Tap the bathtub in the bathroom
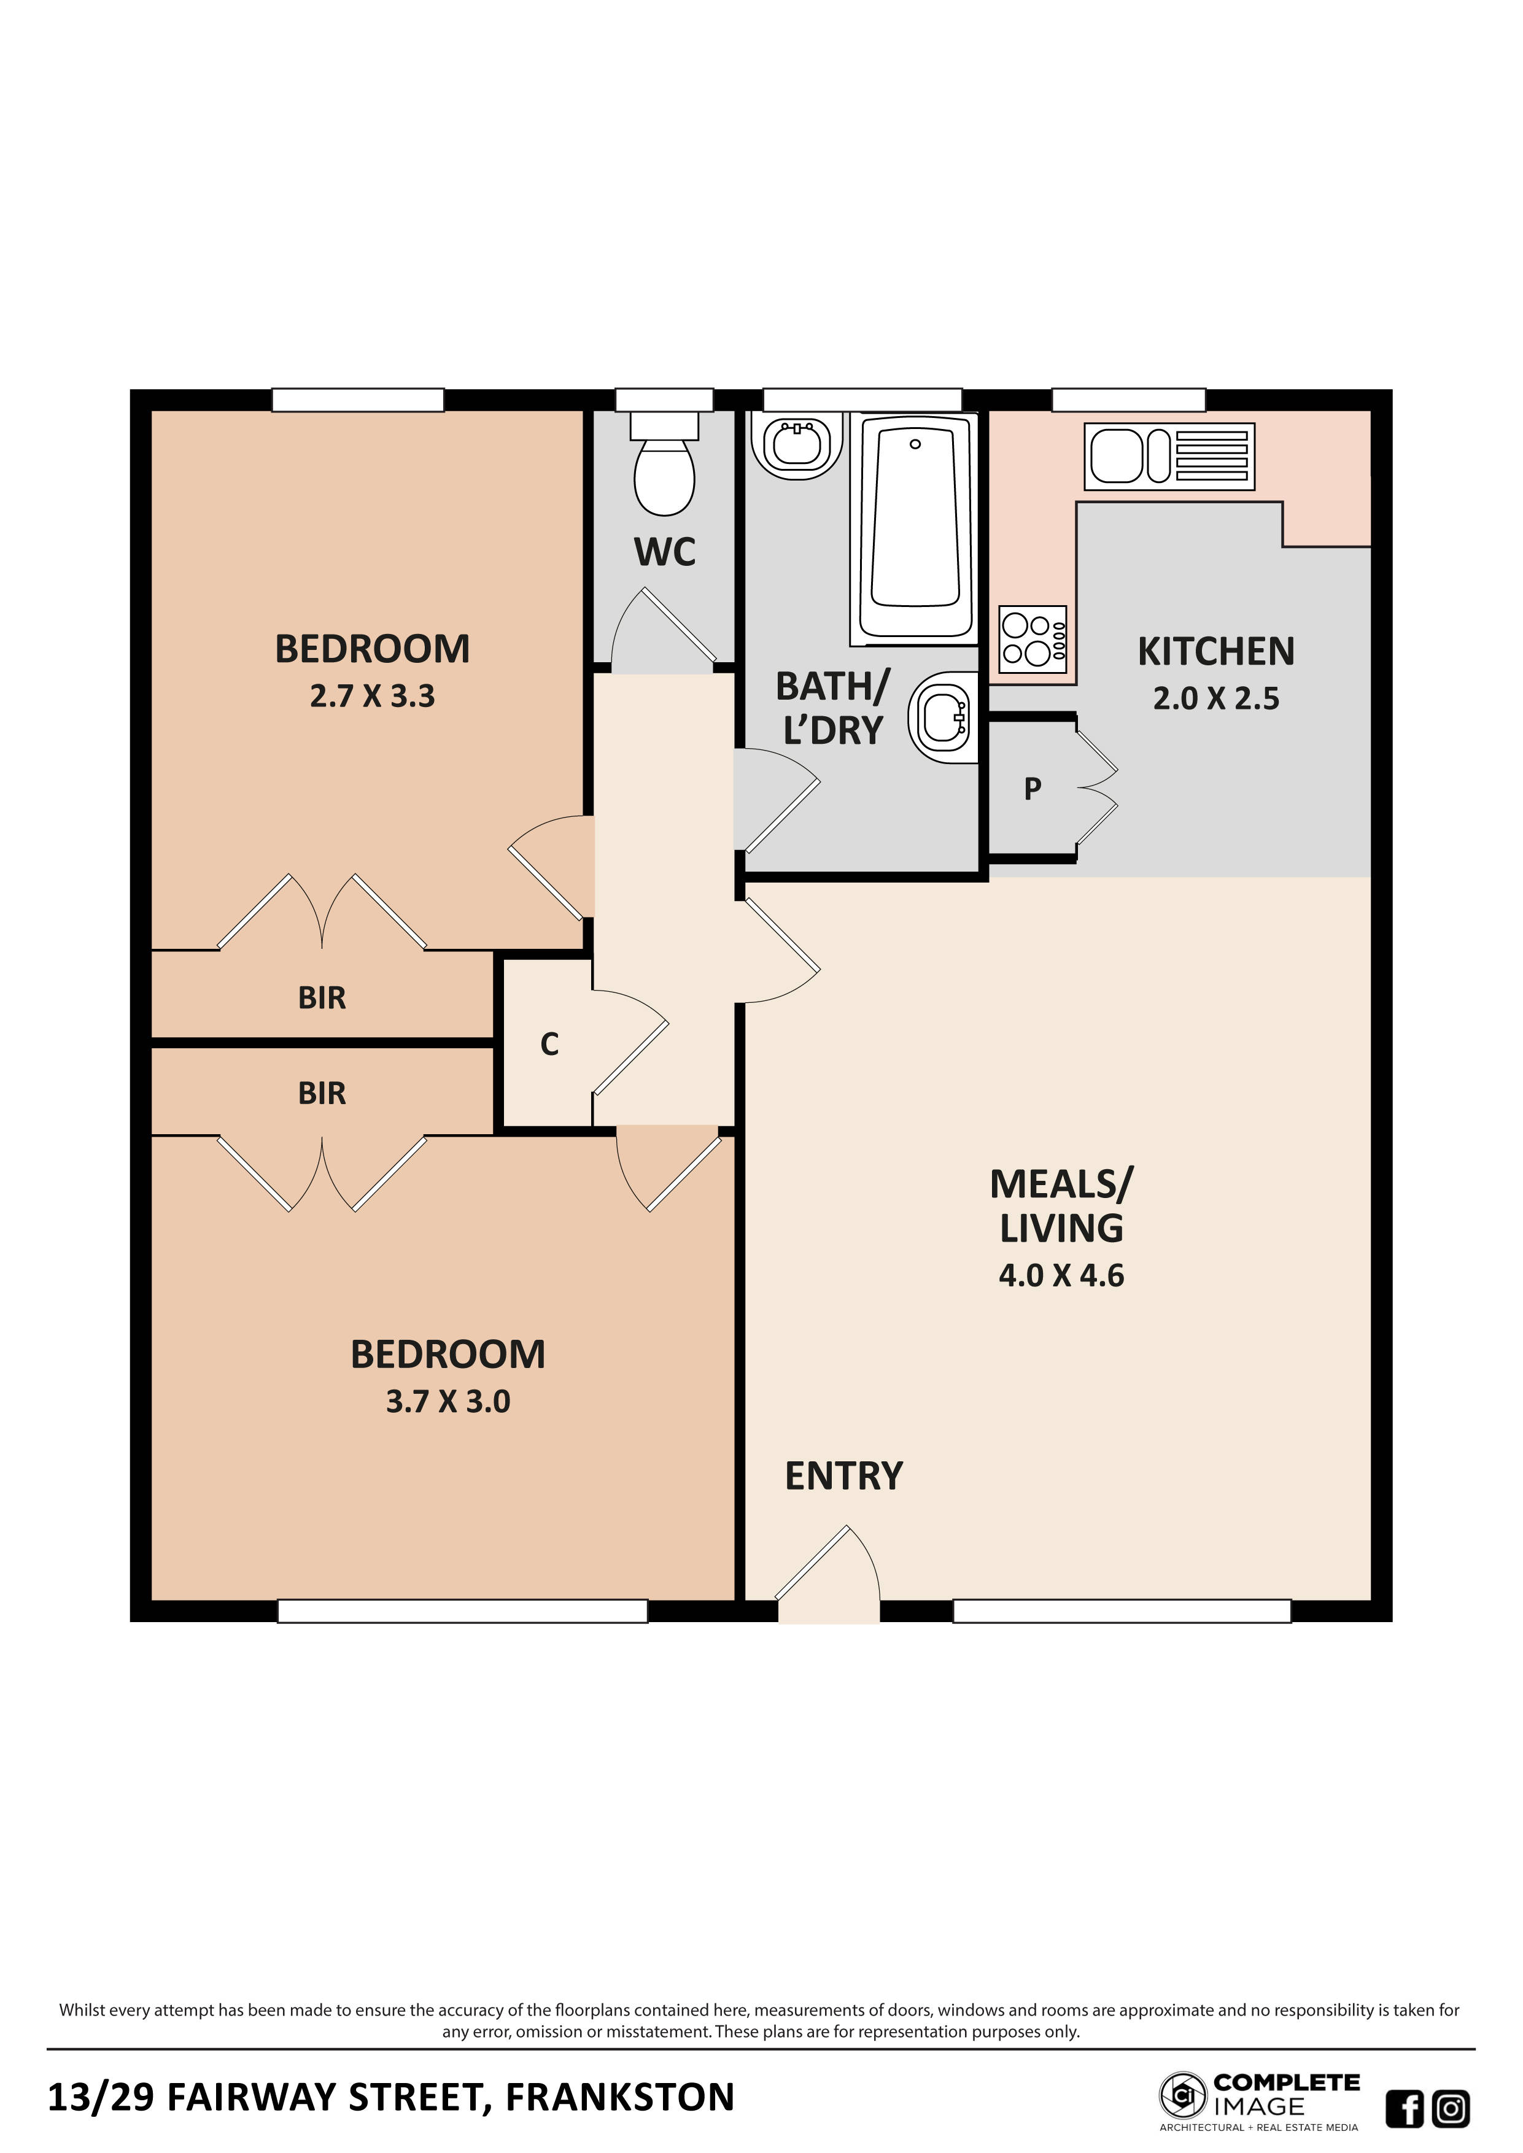(x=915, y=527)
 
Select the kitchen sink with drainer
(x=1169, y=457)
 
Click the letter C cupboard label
(x=549, y=1044)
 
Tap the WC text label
(x=664, y=552)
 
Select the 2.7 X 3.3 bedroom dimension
(x=373, y=697)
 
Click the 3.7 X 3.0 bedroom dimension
(x=448, y=1401)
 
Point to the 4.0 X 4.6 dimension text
(x=1061, y=1275)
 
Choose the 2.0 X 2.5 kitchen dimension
(x=1215, y=698)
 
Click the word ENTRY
(x=843, y=1476)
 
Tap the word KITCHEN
(x=1215, y=652)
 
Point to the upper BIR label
(x=322, y=998)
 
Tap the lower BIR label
(x=322, y=1094)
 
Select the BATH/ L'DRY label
(x=832, y=708)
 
